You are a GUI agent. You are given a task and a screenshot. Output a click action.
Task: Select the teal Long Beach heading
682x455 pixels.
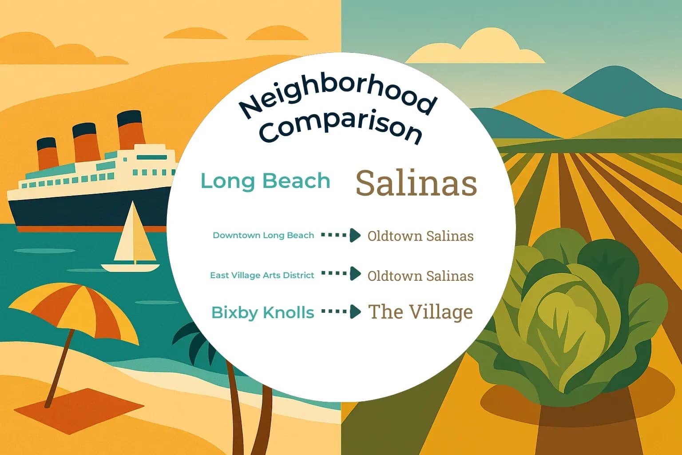265,181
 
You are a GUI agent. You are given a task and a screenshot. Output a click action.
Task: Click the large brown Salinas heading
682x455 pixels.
416,183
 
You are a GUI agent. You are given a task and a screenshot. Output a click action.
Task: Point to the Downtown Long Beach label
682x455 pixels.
263,235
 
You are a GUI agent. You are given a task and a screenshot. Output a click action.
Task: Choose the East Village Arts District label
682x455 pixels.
262,275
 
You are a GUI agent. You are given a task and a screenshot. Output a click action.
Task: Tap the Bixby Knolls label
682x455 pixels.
263,312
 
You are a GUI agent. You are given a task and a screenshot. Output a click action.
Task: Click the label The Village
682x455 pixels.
420,312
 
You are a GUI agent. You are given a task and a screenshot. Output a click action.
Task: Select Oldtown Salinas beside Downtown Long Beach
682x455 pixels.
420,235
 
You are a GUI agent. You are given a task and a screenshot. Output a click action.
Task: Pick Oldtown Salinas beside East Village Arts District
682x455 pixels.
420,275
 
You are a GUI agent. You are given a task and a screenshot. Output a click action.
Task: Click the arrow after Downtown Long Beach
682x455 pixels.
341,235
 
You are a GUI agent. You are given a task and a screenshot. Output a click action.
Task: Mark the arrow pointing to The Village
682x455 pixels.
341,312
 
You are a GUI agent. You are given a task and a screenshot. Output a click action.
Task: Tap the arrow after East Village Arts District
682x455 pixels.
341,274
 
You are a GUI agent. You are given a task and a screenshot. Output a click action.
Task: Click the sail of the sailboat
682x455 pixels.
136,235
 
